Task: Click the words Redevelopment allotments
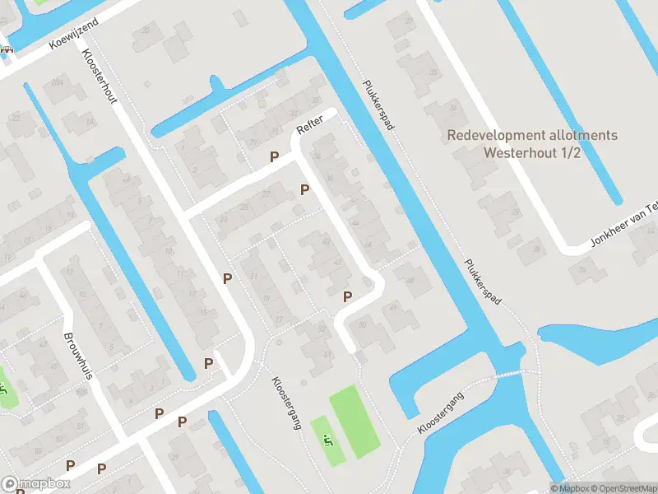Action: click(532, 136)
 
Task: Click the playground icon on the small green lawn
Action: click(328, 441)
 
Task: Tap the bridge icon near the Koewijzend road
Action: click(8, 49)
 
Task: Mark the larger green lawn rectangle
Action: click(354, 422)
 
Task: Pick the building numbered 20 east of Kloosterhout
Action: click(147, 30)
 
